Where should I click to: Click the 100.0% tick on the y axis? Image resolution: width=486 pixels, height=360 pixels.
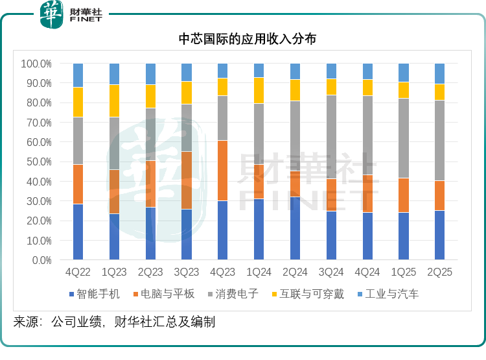click(36, 64)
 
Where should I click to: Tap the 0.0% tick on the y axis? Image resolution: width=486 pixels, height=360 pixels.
click(41, 260)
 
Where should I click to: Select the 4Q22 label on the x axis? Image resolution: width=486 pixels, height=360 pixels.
click(78, 272)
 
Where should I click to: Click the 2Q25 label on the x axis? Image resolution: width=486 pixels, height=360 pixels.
click(439, 272)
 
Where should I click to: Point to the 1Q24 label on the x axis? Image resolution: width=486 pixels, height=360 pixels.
click(259, 272)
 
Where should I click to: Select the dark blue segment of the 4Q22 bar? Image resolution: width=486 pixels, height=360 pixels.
click(78, 232)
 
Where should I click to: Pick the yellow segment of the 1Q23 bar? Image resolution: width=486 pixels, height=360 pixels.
click(114, 101)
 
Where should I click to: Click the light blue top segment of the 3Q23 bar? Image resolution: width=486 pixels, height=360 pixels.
click(186, 72)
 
